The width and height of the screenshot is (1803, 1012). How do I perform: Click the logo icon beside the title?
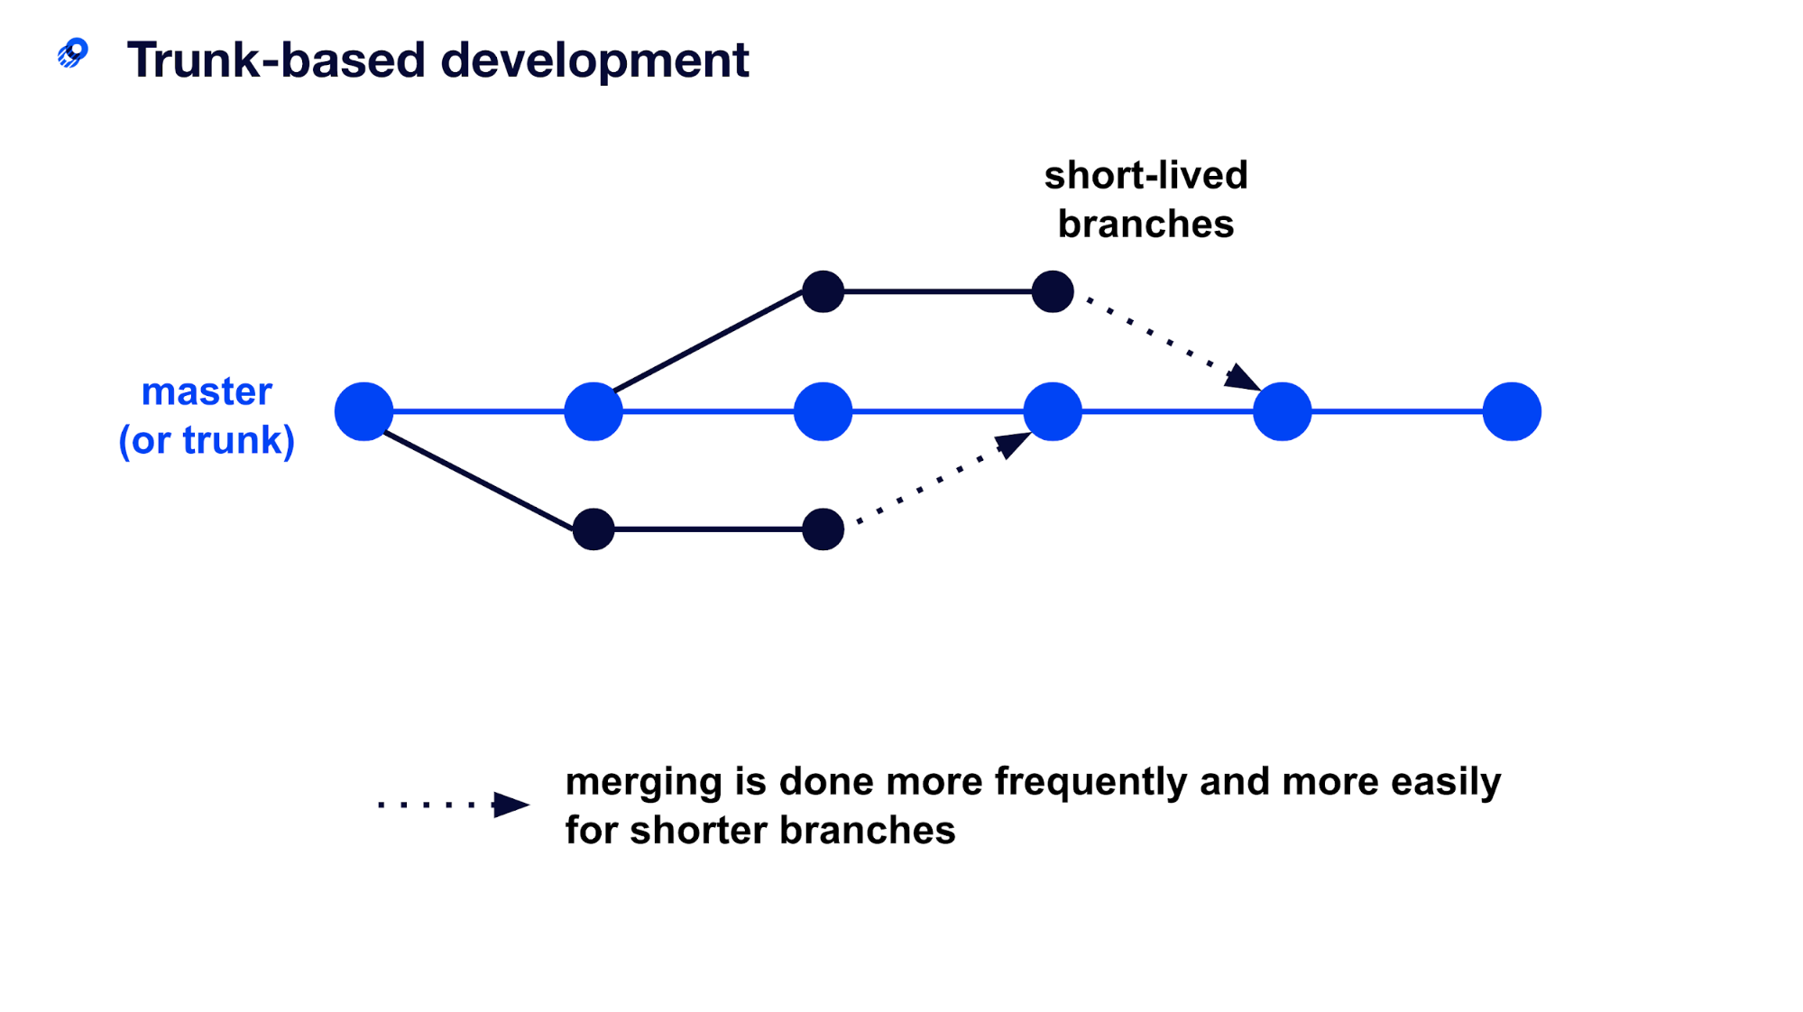click(x=73, y=53)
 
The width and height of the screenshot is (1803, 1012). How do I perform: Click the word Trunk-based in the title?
click(x=275, y=60)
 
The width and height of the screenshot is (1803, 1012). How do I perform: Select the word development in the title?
click(x=594, y=60)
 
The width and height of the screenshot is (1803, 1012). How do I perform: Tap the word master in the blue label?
click(x=207, y=391)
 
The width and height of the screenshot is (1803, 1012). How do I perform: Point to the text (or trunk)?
click(x=207, y=440)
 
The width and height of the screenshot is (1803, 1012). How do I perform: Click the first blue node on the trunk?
click(x=363, y=411)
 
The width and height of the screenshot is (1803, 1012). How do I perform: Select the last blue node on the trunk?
click(x=1512, y=411)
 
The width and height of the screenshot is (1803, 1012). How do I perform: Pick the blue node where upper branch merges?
click(x=1282, y=411)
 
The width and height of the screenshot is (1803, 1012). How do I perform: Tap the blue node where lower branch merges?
click(x=1053, y=411)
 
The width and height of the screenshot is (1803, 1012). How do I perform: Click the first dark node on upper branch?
click(x=823, y=291)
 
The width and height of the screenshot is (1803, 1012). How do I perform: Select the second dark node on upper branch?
click(x=1053, y=291)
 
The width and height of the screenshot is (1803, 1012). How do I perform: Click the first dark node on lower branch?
click(x=593, y=529)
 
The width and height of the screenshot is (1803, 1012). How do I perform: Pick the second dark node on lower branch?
click(x=823, y=529)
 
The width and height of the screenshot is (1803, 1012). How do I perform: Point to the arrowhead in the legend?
click(x=511, y=805)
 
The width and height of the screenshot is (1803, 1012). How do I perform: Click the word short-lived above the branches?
click(x=1145, y=175)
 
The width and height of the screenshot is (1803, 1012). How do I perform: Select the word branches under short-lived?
click(x=1145, y=224)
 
